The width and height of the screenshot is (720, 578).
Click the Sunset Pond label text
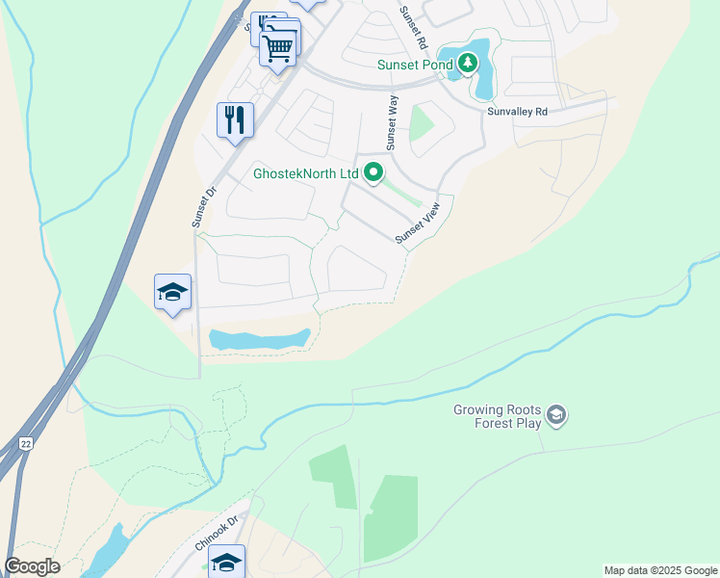[411, 65]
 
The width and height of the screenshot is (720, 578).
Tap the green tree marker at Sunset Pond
[468, 64]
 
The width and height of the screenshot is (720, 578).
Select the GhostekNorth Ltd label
[305, 174]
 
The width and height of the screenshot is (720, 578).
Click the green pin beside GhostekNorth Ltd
[373, 173]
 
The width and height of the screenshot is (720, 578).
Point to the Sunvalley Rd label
[517, 112]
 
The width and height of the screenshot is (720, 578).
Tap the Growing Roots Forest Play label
[496, 415]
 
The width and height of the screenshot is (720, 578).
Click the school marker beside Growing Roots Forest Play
[555, 415]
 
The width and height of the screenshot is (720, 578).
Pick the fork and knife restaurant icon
[235, 120]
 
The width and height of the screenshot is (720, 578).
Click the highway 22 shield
[24, 441]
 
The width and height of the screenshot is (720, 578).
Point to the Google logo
[32, 566]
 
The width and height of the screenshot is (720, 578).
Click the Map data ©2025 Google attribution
[660, 570]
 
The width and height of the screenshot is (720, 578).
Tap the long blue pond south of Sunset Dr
[259, 339]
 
